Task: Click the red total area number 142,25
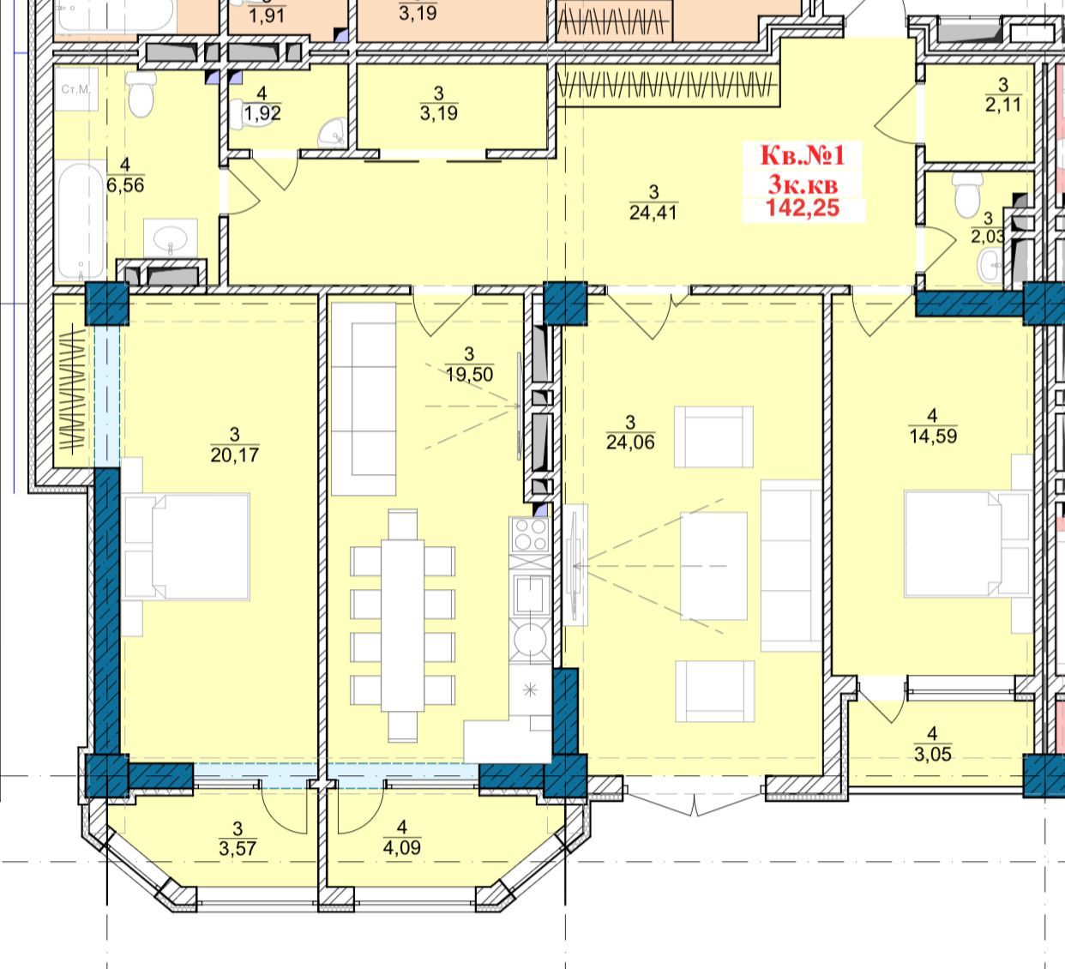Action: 803,208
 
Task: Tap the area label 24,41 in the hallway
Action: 653,213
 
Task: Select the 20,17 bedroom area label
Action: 235,454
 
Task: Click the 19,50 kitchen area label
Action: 469,375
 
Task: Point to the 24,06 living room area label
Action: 630,442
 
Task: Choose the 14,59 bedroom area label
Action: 933,436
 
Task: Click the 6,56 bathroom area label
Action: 125,185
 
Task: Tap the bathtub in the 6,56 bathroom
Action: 80,220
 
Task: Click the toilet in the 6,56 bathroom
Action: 141,94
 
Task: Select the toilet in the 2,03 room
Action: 968,196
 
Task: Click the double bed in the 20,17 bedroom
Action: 186,547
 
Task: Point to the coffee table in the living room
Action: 713,566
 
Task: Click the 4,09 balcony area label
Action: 402,847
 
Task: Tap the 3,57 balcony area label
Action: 238,848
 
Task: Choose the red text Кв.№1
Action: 803,155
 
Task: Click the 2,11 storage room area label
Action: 1003,105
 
